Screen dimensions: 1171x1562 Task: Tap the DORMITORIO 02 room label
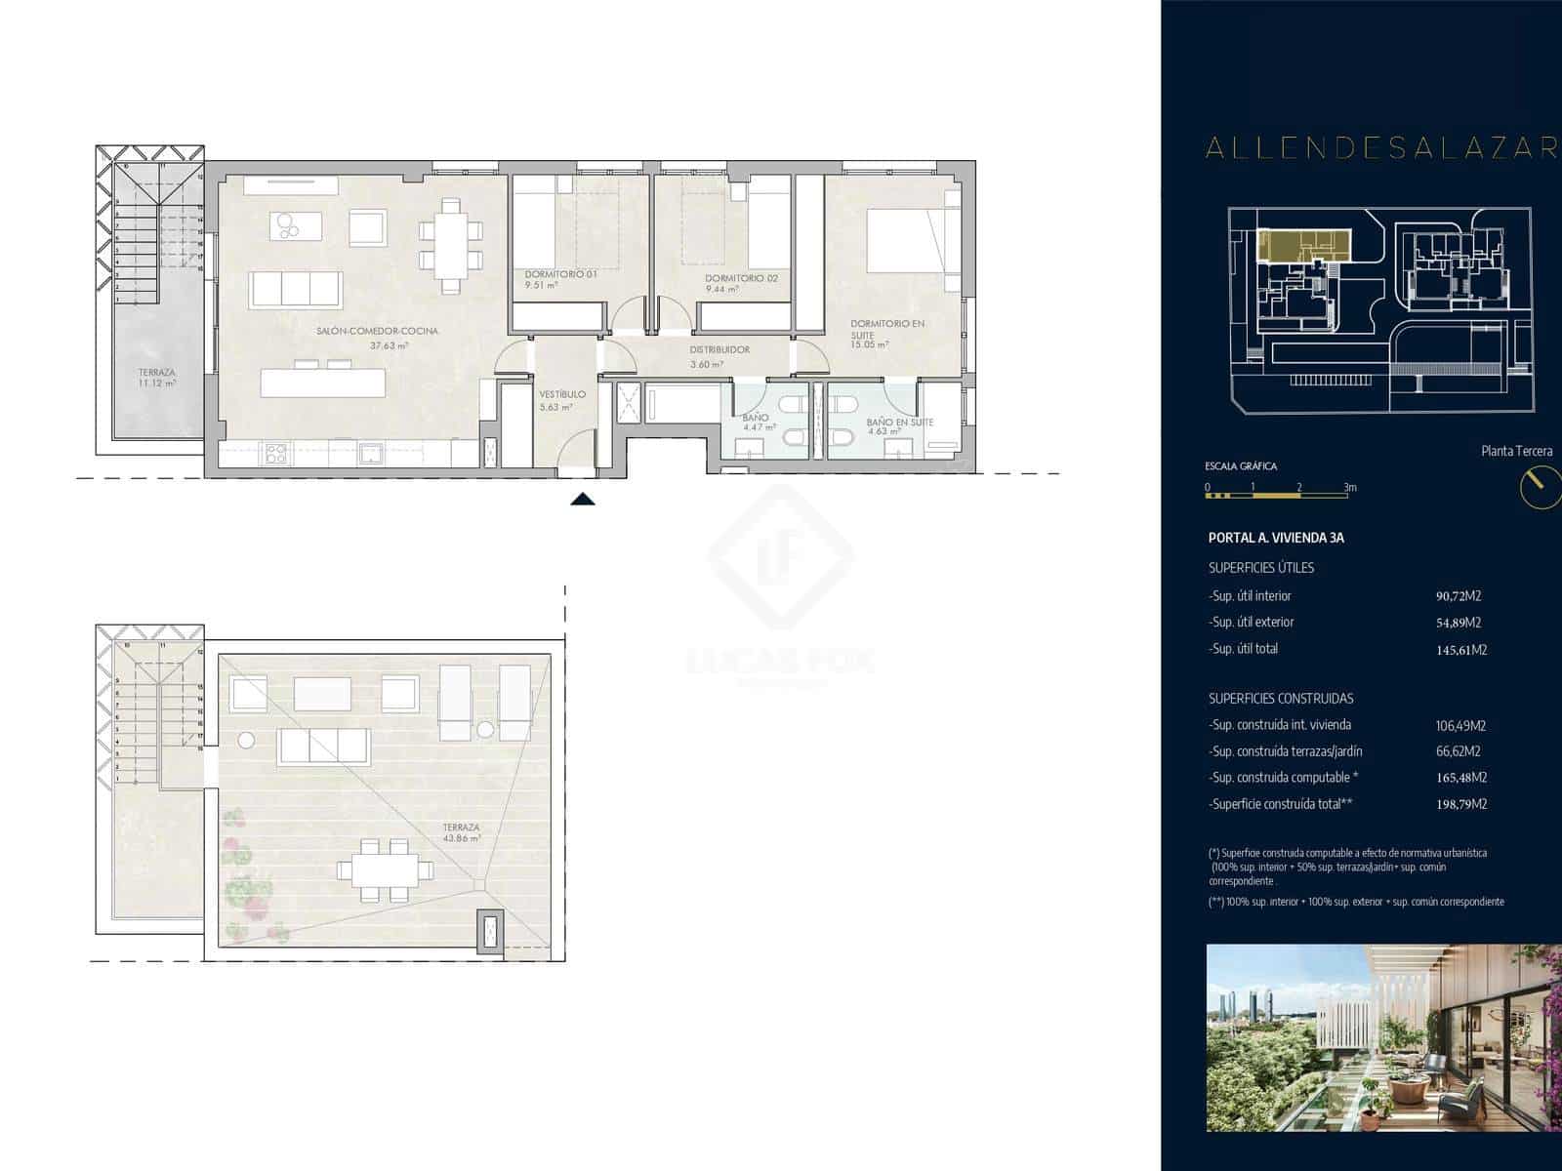coord(741,278)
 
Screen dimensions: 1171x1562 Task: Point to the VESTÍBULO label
coord(562,394)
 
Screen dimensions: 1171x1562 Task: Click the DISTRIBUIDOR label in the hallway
coord(719,349)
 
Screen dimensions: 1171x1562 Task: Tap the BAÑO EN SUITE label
coord(899,423)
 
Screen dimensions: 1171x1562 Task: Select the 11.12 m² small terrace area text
coord(156,384)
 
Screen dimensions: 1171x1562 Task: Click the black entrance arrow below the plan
coord(583,500)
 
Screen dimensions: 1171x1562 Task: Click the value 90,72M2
coord(1453,596)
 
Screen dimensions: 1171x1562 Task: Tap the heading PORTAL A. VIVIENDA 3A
coord(1276,538)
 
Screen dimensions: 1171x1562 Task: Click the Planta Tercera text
coord(1517,451)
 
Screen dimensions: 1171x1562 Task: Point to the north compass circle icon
coord(1540,486)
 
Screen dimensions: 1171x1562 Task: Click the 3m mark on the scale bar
coord(1349,487)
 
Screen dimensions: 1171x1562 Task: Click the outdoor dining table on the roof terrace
coord(384,868)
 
